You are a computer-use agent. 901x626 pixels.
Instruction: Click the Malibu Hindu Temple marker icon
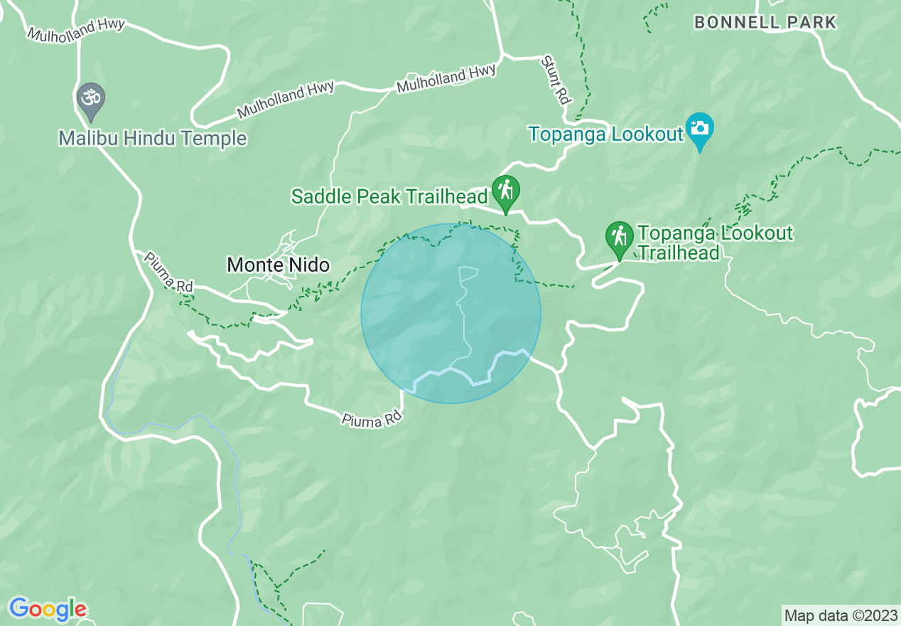coord(91,98)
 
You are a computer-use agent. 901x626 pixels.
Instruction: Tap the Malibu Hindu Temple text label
coord(153,138)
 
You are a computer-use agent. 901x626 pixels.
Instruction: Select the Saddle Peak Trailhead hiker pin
coord(505,191)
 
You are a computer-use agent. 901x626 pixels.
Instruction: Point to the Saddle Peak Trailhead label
coord(389,197)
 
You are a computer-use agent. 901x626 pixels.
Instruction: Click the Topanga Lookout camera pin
coord(700,129)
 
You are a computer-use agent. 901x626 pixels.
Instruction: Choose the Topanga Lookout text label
coord(605,133)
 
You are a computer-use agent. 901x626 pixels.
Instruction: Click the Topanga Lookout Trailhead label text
coord(714,243)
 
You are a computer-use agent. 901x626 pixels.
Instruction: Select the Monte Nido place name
coord(278,265)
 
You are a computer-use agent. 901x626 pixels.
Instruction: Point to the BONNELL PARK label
coord(765,22)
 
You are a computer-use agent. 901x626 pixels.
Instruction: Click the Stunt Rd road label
coord(556,80)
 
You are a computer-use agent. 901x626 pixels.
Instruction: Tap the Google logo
coord(48,609)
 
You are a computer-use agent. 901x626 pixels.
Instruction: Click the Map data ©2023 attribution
coord(841,615)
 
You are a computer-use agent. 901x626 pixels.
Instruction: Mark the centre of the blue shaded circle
coord(450,314)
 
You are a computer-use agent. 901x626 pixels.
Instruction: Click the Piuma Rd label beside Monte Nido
coord(169,271)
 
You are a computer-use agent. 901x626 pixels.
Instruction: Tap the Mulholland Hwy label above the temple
coord(76,29)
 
